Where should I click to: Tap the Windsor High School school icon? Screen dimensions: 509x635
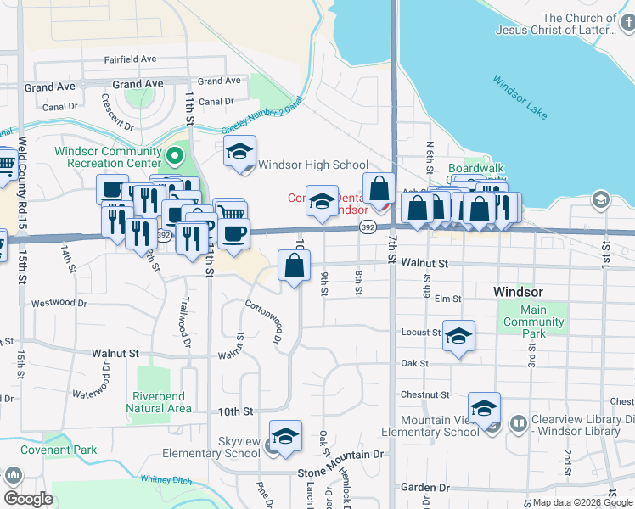[240, 153]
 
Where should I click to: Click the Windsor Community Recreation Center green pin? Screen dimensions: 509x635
[175, 155]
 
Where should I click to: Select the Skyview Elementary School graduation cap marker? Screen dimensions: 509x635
[286, 437]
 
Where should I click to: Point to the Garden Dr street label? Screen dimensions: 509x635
[425, 488]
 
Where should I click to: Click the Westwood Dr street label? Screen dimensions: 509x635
[59, 303]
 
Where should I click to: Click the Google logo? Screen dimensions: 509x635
[29, 498]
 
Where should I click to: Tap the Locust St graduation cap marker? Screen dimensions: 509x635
[458, 336]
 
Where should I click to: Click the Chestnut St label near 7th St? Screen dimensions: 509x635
[425, 394]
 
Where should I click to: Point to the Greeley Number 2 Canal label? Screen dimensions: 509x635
[262, 117]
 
